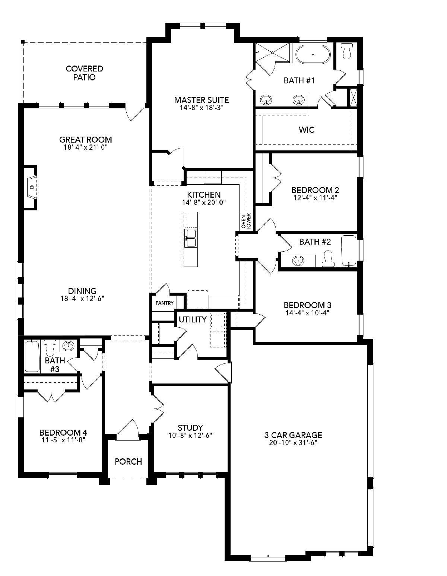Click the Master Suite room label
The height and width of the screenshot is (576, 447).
[202, 100]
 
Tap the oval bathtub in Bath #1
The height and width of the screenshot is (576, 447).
[313, 55]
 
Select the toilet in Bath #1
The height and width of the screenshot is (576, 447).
[347, 51]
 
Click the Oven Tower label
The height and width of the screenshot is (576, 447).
[246, 221]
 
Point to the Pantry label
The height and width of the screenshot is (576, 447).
[164, 303]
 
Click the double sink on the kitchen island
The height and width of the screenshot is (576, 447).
[190, 238]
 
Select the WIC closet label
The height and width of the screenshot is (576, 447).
[307, 130]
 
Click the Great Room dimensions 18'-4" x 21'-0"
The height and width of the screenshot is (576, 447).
[85, 147]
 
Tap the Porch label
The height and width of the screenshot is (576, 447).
[128, 461]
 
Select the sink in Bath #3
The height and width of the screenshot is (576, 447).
[69, 346]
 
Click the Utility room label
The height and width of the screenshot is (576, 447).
[193, 320]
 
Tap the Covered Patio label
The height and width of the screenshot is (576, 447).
[84, 73]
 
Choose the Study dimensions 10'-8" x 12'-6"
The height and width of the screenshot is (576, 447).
[190, 435]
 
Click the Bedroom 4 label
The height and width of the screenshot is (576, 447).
[63, 433]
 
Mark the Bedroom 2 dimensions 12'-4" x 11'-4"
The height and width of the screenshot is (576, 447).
[315, 198]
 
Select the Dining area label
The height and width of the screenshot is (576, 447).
[82, 291]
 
